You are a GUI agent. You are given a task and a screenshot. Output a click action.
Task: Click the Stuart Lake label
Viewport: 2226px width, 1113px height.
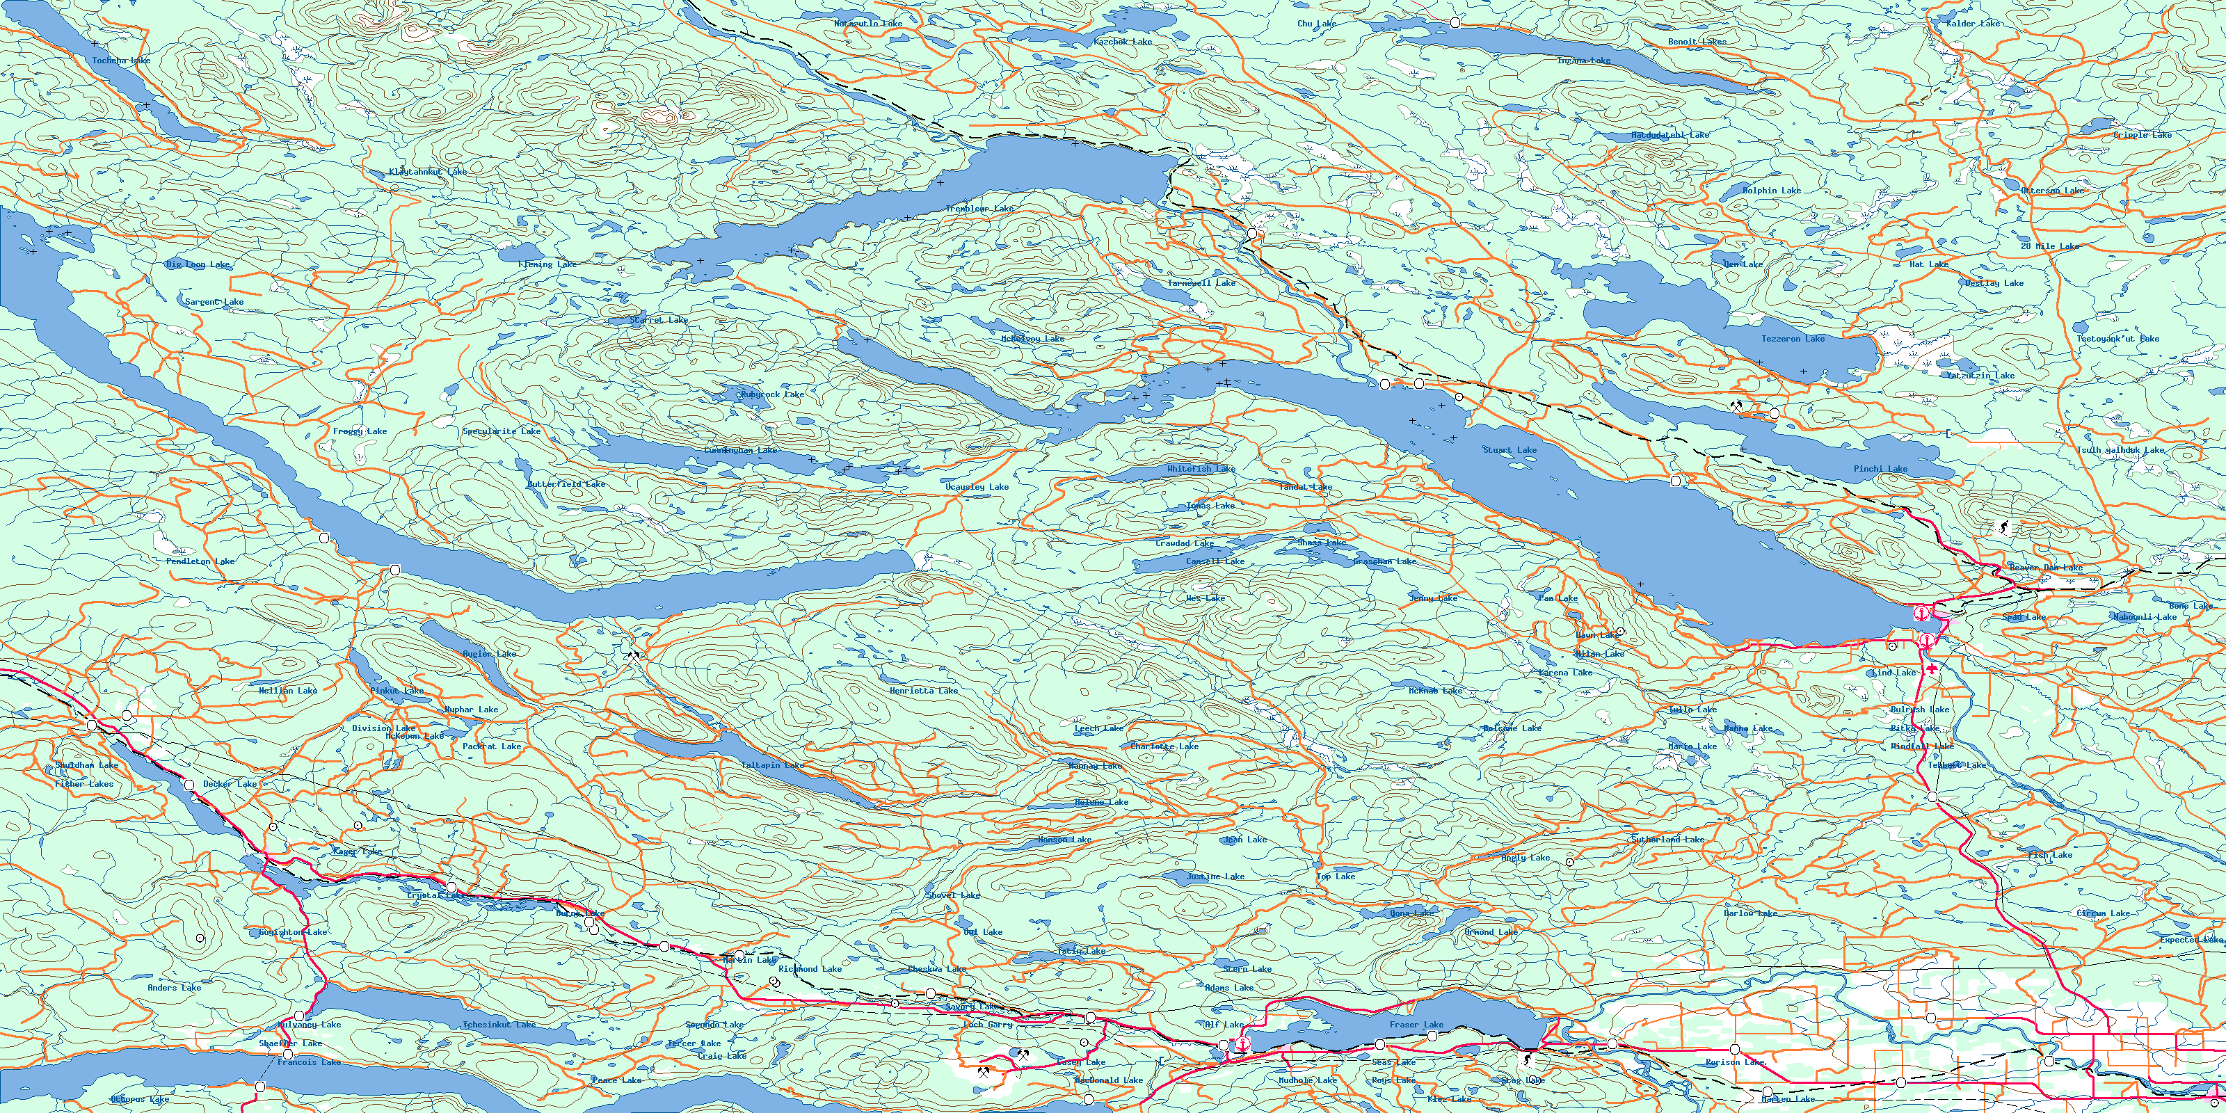coord(1510,450)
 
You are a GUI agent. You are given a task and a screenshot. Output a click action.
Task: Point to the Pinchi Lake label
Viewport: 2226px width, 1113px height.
coord(1880,470)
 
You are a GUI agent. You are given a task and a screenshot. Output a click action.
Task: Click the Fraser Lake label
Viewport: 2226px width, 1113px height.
coord(1416,1025)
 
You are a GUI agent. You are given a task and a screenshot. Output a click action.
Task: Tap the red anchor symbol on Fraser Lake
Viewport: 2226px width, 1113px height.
coord(1242,1044)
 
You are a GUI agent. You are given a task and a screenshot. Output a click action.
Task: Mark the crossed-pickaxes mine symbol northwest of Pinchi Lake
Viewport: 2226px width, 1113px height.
coord(1736,404)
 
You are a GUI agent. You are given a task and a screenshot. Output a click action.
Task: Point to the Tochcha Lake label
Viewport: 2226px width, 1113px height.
coord(121,61)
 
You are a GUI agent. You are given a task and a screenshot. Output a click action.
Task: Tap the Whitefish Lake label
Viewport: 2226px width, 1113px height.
coord(1201,470)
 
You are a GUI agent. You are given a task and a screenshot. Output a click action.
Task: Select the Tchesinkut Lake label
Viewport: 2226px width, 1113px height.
coord(499,1025)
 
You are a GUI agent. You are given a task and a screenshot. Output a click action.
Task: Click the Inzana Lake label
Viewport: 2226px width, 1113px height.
coord(1583,61)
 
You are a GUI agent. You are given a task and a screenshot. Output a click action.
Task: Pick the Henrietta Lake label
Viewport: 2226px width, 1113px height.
coord(924,691)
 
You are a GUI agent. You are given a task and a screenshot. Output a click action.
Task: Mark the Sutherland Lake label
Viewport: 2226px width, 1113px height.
coord(1668,840)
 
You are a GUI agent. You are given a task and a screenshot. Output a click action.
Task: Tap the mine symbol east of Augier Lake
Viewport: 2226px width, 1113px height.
coord(635,657)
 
